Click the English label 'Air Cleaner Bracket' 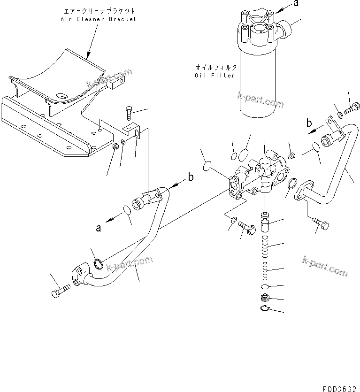click(x=98, y=19)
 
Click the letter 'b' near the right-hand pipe click(x=309, y=123)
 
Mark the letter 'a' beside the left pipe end click(x=99, y=228)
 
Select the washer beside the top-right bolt click(x=339, y=115)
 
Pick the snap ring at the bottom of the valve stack click(x=265, y=308)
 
